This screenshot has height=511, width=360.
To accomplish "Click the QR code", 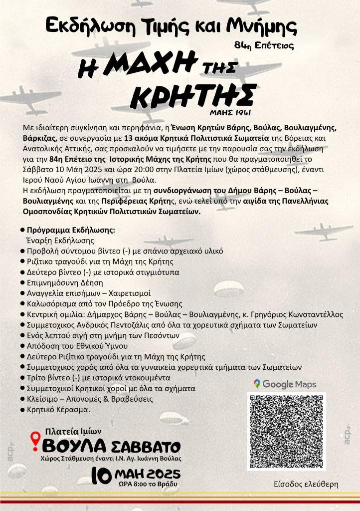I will [286, 432].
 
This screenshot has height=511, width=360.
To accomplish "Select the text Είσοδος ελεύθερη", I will [306, 484].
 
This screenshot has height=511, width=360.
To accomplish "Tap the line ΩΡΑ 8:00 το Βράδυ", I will [140, 484].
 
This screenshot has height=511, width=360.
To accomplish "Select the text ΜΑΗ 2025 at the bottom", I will [147, 473].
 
